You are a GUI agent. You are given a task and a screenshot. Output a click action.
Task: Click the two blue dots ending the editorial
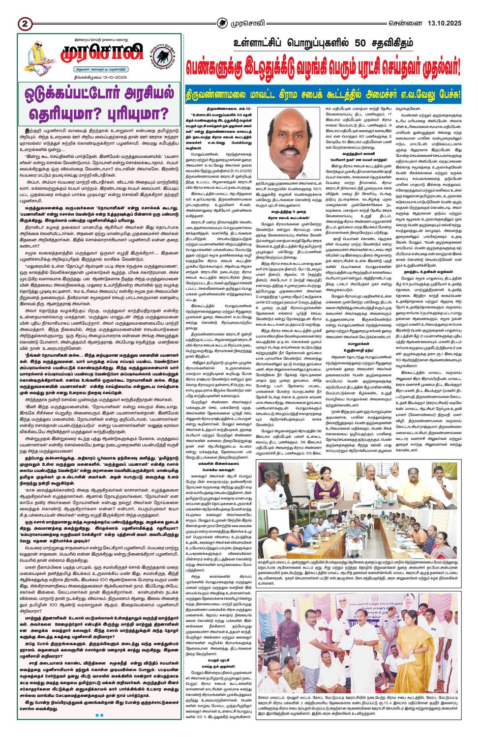pyautogui.click(x=99, y=715)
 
